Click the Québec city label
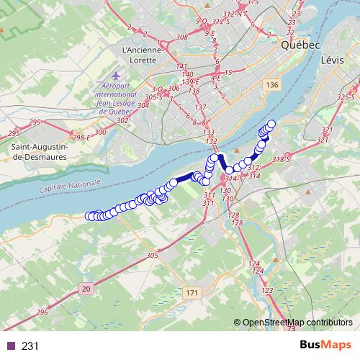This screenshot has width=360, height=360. coord(300,45)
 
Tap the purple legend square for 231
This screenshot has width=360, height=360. coord(11,346)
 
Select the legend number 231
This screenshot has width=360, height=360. coord(30,346)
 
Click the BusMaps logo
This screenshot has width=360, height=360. coord(323,346)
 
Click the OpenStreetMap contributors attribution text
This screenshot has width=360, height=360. coord(300,322)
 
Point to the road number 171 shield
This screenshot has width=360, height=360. coord(191,293)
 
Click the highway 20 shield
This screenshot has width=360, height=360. coord(87,288)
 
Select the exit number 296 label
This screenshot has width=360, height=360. coord(42,312)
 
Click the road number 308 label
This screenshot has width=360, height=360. coord(181,37)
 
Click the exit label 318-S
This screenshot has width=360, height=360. coord(283,159)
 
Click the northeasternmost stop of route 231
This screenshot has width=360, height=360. coord(271,123)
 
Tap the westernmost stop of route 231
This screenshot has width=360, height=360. coord(90,215)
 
